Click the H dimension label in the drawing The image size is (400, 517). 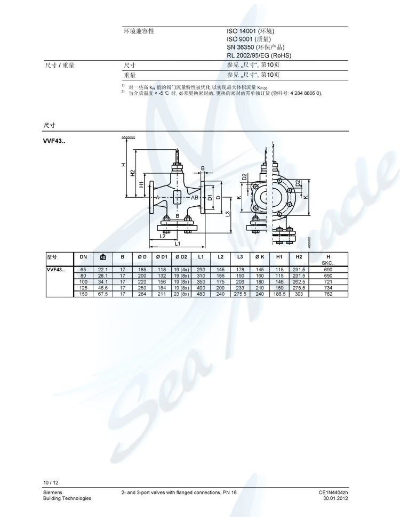122,165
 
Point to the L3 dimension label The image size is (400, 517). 228,214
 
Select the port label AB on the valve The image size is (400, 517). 195,198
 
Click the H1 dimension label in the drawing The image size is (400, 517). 141,184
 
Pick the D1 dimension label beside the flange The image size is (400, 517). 210,197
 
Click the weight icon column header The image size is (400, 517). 103,257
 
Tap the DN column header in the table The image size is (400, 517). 83,257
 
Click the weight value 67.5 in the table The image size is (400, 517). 103,294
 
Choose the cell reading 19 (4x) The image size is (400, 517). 182,270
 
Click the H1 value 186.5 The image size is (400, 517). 279,294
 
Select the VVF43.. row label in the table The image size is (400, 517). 56,270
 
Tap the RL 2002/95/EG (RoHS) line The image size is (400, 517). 259,55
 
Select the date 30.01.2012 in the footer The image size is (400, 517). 335,498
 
